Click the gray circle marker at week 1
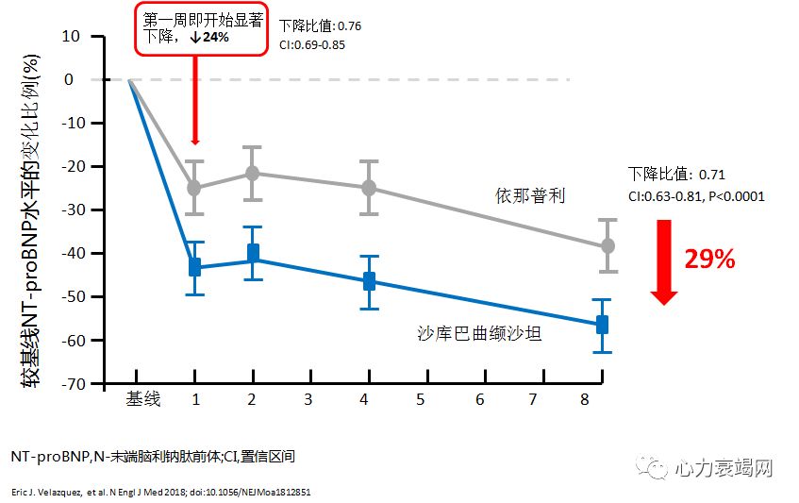194,187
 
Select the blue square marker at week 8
602,325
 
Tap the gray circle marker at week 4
369,187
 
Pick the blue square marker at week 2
253,253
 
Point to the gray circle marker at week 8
608,245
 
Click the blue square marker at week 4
369,281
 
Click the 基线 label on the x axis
143,399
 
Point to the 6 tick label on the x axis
479,399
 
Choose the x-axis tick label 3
308,399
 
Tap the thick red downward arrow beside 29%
664,261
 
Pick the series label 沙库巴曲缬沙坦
479,332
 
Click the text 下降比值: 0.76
321,25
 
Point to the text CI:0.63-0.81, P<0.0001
696,196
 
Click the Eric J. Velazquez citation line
161,492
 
